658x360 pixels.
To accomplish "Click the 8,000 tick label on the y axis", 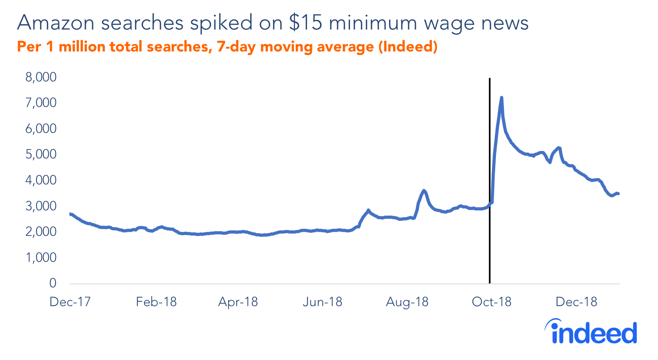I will click(x=41, y=77).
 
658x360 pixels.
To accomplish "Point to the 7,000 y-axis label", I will click(x=41, y=103).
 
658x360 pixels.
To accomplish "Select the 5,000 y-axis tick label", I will click(x=41, y=154).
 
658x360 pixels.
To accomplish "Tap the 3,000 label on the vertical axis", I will click(x=41, y=206).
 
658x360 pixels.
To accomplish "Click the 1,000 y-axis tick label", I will click(x=41, y=257).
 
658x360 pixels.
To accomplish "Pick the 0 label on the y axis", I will click(x=53, y=283).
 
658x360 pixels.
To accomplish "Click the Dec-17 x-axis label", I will click(x=70, y=302).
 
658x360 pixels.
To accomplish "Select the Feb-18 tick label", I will click(x=156, y=302).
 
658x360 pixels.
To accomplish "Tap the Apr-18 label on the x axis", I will click(x=238, y=302).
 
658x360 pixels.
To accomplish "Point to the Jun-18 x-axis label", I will click(x=322, y=302).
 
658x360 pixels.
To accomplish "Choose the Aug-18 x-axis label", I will click(x=407, y=302).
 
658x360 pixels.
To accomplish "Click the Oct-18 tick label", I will click(x=491, y=302).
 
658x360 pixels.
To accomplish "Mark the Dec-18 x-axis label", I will click(x=576, y=302).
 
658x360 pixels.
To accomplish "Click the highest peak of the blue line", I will click(x=501, y=97).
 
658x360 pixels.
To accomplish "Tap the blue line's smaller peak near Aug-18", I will click(x=424, y=191).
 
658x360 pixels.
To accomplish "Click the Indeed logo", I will click(x=591, y=332).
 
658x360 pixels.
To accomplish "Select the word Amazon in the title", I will click(x=56, y=23).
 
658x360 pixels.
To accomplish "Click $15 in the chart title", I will click(x=305, y=23).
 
